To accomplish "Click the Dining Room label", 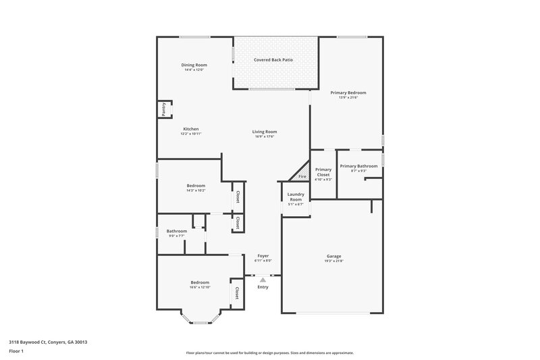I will (193, 65).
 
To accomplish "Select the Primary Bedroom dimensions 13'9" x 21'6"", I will (348, 97).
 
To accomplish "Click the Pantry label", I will (164, 109).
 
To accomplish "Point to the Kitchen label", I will (191, 129).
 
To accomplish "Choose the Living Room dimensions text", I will (265, 137).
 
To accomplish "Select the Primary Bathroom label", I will (358, 166).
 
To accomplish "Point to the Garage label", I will (334, 256).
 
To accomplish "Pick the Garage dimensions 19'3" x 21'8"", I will (334, 261).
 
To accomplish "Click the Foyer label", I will (264, 256).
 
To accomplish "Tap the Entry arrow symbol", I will (263, 278).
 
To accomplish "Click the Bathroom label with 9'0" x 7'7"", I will (177, 231).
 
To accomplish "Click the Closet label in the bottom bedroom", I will (237, 293).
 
